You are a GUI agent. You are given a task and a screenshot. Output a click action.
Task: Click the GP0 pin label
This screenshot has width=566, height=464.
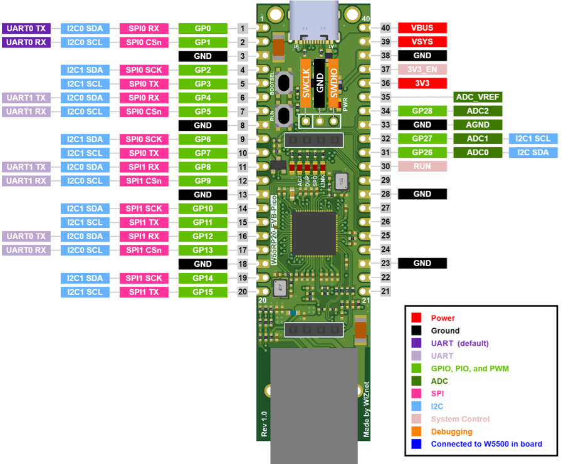202,28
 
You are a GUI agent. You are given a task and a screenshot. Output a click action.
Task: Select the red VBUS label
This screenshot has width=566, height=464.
422,28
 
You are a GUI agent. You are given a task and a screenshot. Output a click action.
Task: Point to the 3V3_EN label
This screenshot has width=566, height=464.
422,70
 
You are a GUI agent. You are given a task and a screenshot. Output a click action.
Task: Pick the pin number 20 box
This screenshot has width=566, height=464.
243,292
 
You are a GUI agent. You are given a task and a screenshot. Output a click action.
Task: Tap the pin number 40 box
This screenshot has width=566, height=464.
385,28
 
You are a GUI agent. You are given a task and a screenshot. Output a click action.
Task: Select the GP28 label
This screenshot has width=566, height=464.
422,111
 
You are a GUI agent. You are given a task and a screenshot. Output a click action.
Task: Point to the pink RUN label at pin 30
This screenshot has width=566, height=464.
422,167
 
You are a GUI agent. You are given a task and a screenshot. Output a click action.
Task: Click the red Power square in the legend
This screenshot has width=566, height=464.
416,318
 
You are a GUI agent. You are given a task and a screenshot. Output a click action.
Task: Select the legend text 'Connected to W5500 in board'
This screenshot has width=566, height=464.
486,444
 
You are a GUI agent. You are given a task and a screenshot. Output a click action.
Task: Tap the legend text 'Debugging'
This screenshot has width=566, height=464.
451,431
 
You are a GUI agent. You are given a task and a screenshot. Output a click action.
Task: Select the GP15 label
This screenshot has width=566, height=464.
202,292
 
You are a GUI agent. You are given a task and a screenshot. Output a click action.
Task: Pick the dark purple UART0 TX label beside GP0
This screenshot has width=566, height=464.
26,28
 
